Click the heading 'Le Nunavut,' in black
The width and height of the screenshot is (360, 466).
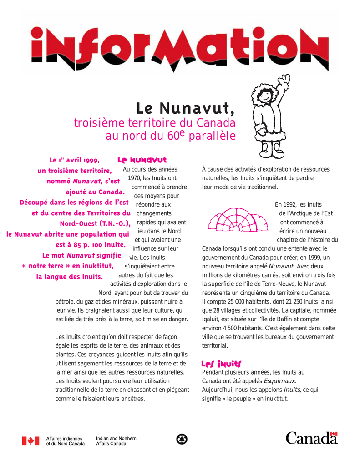click(x=186, y=108)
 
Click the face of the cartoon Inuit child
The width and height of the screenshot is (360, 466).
click(x=265, y=96)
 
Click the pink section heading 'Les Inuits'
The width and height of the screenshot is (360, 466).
click(x=221, y=364)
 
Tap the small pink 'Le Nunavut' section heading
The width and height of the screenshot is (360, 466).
click(x=142, y=160)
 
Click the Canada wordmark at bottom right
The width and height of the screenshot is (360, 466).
click(x=311, y=438)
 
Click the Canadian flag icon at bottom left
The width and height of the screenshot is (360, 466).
click(x=30, y=441)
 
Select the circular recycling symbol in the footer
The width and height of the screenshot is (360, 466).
click(x=182, y=439)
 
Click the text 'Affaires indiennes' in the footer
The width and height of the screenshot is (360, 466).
click(x=65, y=438)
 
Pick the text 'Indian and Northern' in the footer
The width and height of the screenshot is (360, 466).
click(x=116, y=438)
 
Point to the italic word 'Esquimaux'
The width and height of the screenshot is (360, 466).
click(x=279, y=380)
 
